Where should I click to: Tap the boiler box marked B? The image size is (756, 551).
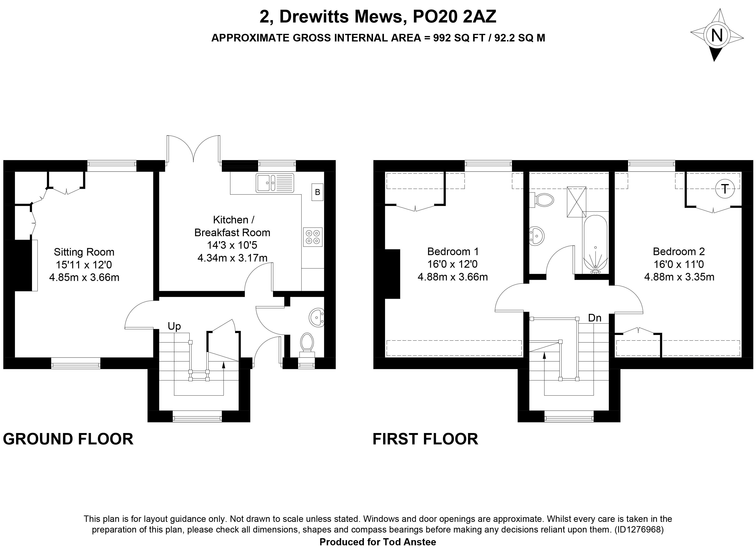point(317,192)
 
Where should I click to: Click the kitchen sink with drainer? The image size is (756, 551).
point(275,183)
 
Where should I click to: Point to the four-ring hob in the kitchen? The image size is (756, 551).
point(313,237)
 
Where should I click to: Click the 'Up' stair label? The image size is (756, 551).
point(174,326)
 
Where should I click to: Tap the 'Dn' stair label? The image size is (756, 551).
point(595,318)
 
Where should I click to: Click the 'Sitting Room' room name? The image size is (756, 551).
point(84,252)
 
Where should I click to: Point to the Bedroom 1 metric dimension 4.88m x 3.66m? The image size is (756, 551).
point(453,277)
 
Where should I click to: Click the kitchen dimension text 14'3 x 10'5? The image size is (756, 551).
point(232,245)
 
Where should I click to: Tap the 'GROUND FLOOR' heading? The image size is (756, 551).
point(68,439)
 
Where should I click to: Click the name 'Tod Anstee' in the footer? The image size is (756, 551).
point(408,542)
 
